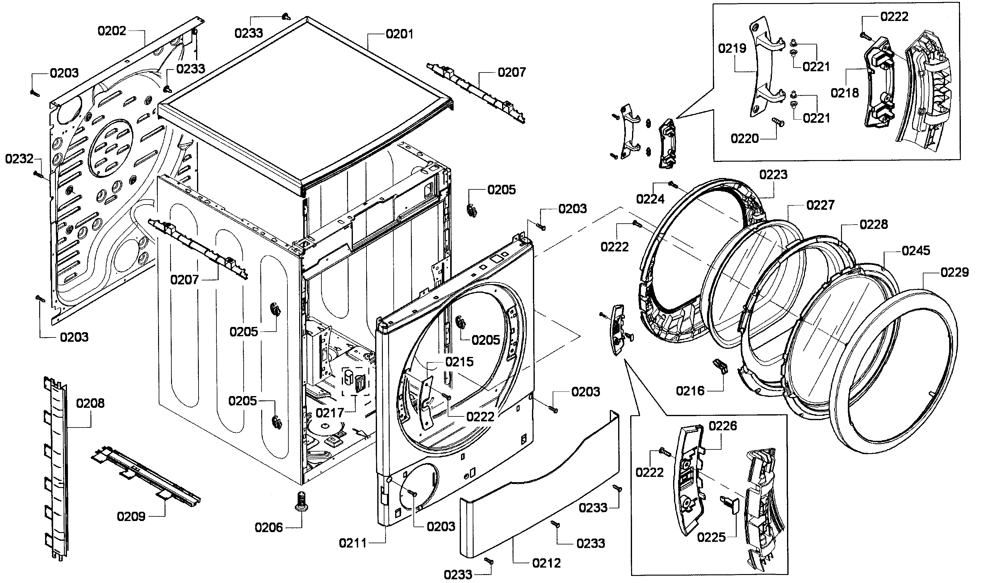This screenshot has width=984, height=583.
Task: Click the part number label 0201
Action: coord(400,34)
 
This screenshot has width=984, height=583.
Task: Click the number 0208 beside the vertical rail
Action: coord(90,403)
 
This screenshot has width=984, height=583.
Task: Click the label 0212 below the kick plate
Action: coord(546,563)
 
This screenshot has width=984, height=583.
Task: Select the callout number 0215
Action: coord(459,362)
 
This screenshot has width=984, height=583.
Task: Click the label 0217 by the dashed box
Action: coord(330,413)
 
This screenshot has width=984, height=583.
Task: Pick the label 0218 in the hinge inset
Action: coord(845,93)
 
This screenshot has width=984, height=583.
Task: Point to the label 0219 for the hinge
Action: coord(732,48)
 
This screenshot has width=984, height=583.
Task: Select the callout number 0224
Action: coord(650,199)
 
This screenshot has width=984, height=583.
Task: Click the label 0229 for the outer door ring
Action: coord(955,272)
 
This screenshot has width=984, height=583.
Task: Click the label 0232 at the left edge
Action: coord(19,159)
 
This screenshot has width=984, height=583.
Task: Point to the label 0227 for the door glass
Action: coord(820,205)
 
